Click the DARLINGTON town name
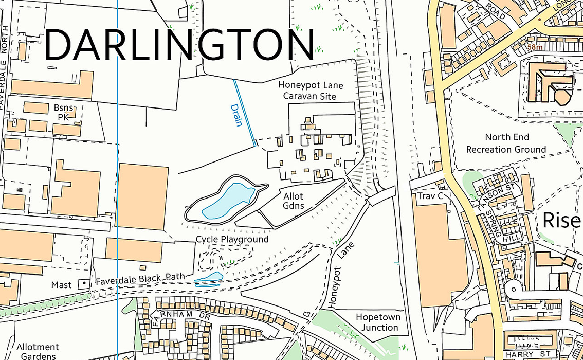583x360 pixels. coord(179,45)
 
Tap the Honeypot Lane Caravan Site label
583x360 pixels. coord(310,91)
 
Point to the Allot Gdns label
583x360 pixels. coord(293,201)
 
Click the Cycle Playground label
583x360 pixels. coord(232,240)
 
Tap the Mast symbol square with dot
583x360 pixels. coord(82,284)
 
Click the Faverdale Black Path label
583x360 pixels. coord(140,278)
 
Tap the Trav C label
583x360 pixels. coord(427,196)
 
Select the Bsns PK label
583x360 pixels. coord(65,113)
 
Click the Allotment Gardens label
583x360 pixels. coord(38,352)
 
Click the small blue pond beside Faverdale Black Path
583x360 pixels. coord(209,279)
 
